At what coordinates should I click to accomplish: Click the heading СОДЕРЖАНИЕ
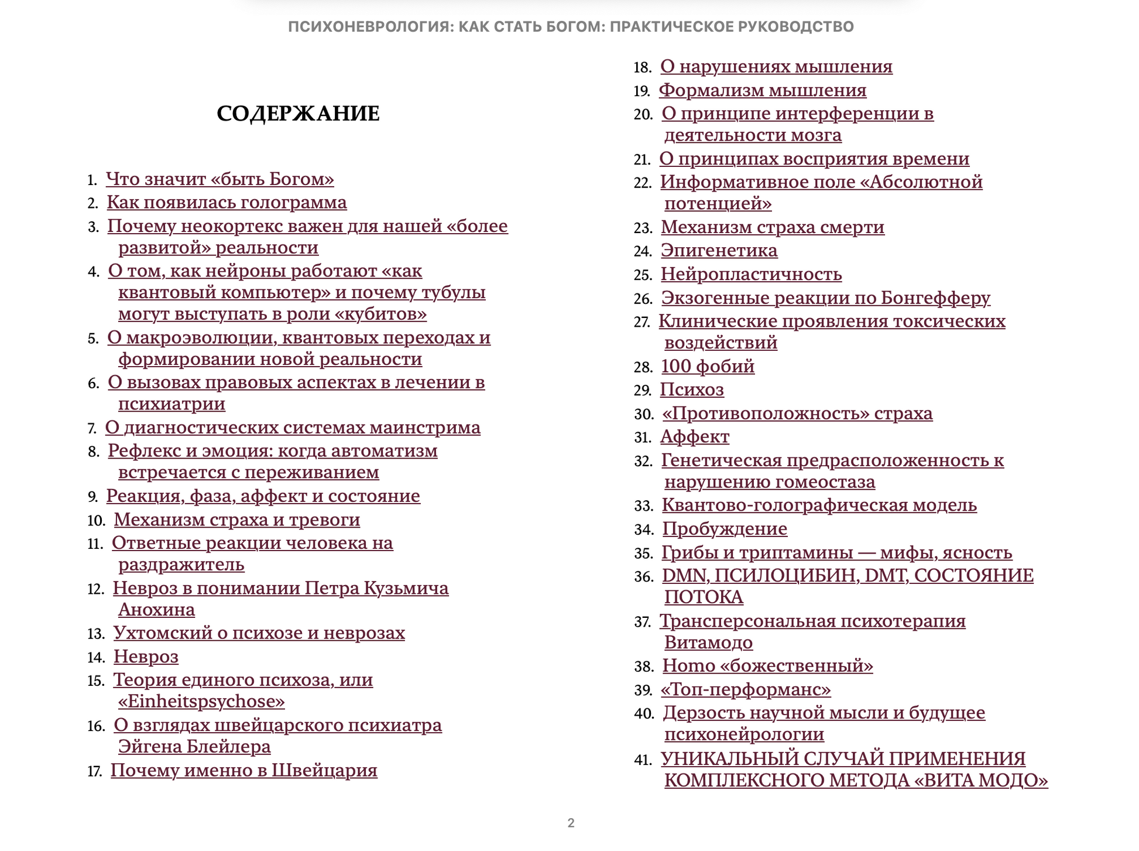pos(298,114)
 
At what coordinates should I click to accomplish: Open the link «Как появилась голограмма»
pos(227,203)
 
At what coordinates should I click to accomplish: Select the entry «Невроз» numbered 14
pos(146,657)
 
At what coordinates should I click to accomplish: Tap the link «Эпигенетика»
pos(719,251)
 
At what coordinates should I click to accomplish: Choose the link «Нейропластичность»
pos(751,274)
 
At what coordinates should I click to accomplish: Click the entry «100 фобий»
pos(708,367)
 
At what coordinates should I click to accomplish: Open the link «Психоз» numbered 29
pos(692,390)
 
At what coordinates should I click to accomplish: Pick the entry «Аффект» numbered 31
pos(695,437)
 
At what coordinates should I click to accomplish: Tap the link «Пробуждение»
pos(725,529)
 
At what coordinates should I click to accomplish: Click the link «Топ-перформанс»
pos(746,690)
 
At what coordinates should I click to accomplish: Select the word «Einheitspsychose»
pos(201,702)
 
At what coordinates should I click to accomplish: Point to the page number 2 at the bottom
pos(571,823)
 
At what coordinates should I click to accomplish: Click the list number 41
pos(643,760)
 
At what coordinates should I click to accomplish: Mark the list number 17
pos(95,771)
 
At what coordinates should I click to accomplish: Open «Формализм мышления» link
pos(763,91)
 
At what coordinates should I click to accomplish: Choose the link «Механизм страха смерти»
pos(772,227)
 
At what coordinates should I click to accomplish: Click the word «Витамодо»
pos(708,643)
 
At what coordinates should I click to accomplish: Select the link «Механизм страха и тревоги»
pos(236,520)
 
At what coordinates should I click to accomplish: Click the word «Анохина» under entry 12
pos(156,610)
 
